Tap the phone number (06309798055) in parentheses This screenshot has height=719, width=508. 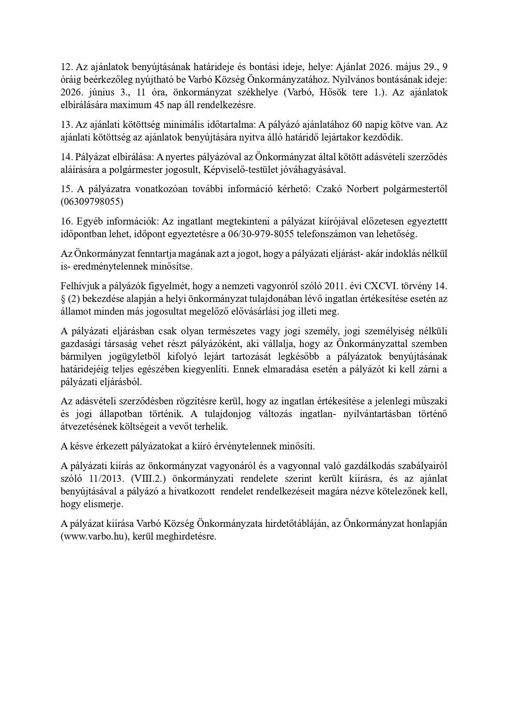pos(92,202)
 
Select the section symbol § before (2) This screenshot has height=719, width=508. pos(62,298)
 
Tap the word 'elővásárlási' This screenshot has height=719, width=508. pos(248,311)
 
